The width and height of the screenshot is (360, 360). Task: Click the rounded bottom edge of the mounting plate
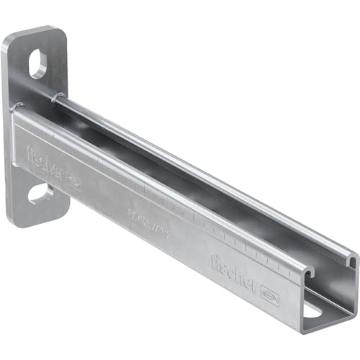[x=40, y=224]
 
